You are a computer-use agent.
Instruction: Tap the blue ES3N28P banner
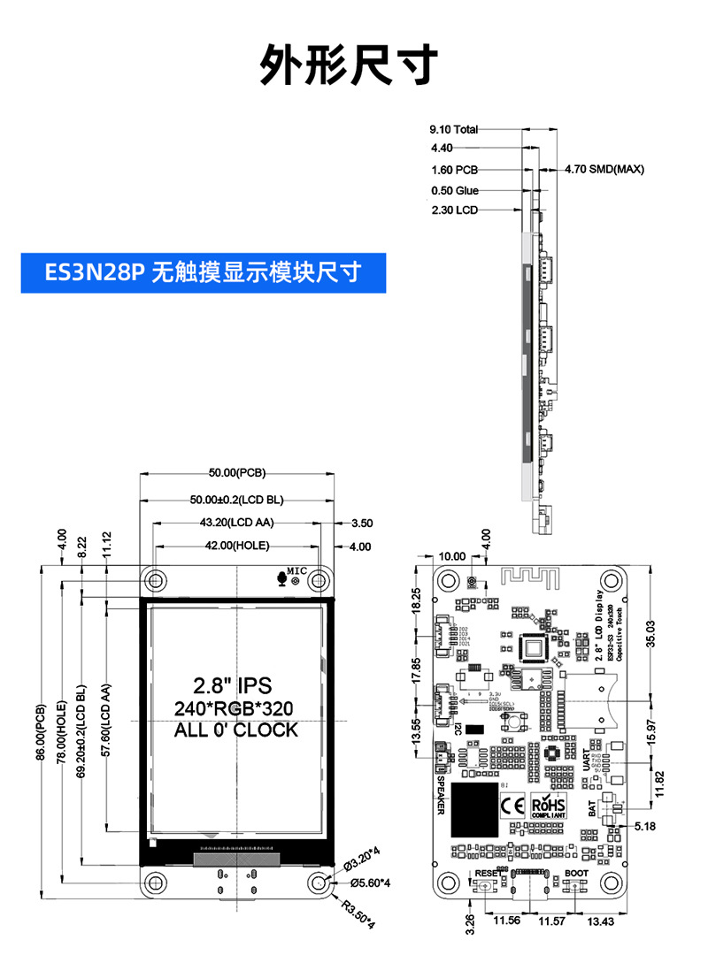[204, 271]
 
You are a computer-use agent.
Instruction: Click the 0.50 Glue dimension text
[455, 190]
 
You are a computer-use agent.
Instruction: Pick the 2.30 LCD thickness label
[454, 210]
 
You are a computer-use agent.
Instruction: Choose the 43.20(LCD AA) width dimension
[236, 523]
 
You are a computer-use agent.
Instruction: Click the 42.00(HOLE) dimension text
[236, 546]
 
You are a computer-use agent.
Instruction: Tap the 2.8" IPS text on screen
[233, 684]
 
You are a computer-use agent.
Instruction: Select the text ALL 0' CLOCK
[235, 730]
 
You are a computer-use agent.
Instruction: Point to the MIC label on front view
[296, 572]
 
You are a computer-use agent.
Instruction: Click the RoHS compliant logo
[549, 806]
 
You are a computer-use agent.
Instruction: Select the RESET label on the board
[489, 873]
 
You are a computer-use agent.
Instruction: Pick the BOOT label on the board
[576, 873]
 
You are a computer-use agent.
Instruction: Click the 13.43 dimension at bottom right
[601, 921]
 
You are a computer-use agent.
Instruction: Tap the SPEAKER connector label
[440, 794]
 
